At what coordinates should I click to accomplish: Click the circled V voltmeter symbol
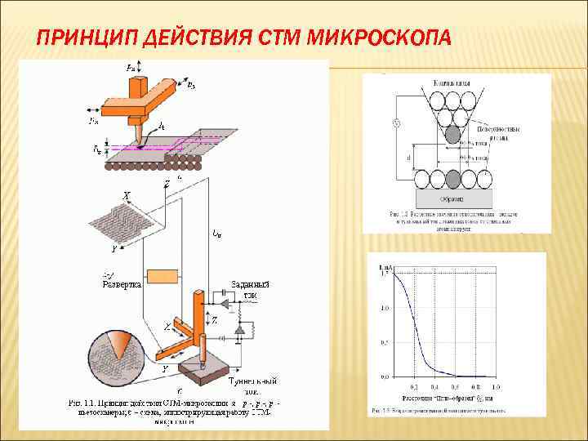tap(397, 123)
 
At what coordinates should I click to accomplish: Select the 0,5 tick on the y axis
tap(384, 342)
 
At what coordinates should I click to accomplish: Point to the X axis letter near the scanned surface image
tap(126, 196)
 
